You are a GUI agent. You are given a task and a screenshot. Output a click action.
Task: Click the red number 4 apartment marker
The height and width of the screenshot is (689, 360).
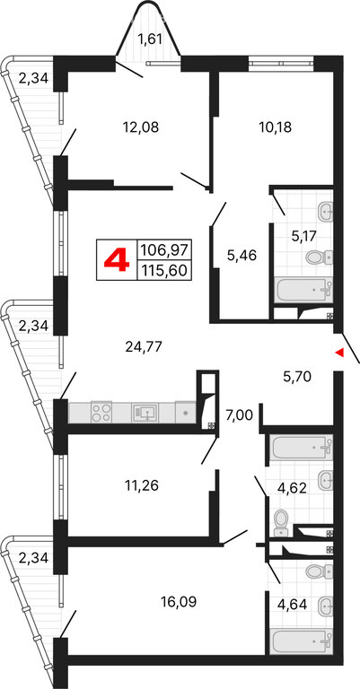pos(117,260)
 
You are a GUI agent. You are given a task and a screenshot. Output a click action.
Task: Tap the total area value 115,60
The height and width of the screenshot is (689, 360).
pos(164,270)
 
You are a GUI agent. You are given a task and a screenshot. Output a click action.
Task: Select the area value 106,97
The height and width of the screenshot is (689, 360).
pos(164,250)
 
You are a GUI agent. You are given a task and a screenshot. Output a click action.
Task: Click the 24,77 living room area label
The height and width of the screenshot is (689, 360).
pos(145,347)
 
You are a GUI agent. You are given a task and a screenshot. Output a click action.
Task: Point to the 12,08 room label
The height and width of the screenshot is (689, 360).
pos(140,127)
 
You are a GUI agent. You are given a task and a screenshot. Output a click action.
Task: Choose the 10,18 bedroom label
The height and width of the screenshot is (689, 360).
pos(276,127)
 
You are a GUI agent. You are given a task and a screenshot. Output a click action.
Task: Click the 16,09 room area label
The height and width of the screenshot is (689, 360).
pos(177,602)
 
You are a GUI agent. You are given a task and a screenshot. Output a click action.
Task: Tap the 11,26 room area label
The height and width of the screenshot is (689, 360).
pos(140,485)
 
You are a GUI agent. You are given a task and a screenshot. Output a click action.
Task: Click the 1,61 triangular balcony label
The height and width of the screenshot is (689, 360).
pos(150,39)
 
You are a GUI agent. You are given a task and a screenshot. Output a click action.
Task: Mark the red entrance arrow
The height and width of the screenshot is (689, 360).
pos(338,352)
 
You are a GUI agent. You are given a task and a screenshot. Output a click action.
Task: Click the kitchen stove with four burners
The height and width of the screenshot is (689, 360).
pos(101,412)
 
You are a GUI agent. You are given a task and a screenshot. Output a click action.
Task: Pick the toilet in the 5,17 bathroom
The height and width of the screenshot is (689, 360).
pos(318,257)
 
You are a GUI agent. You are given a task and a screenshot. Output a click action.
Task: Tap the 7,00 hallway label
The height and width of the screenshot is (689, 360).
pos(238,414)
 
